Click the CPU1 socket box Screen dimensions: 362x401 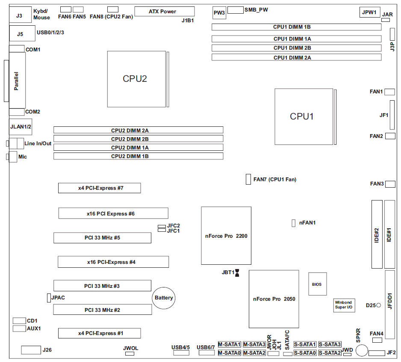point(304,117)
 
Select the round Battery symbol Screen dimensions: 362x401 point(164,298)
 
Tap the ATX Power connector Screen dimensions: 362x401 point(164,12)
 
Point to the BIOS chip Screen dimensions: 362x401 point(317,284)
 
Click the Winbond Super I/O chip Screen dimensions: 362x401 point(344,305)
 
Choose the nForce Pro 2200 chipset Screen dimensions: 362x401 point(226,236)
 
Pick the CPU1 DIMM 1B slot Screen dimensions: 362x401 point(296,27)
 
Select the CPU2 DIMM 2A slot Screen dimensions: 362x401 point(138,130)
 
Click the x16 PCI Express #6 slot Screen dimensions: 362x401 point(113,213)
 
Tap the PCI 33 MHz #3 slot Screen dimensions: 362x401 point(102,286)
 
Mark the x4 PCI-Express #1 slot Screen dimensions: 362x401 point(100,333)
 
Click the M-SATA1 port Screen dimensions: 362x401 point(230,344)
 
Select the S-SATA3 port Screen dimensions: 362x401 point(330,344)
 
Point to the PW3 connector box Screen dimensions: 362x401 point(219,13)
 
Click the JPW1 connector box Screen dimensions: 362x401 point(369,12)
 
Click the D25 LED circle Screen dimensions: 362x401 point(379,305)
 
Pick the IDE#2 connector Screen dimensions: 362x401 point(377,234)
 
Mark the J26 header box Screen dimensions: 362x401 point(30,350)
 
